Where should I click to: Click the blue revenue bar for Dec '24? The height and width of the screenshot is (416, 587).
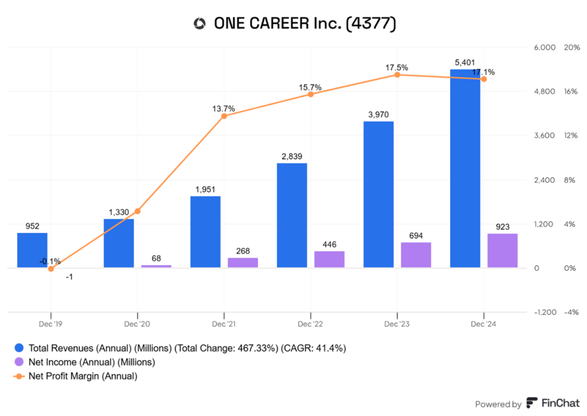tap(465, 168)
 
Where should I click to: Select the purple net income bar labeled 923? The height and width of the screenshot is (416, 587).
tap(502, 250)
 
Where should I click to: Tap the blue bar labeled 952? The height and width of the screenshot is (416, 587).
tap(32, 250)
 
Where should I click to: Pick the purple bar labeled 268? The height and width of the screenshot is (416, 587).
tap(242, 262)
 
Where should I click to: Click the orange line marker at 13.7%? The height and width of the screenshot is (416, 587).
tap(224, 116)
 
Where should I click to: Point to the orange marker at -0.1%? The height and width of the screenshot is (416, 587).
tap(51, 268)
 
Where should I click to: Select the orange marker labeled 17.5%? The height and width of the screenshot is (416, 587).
tap(397, 75)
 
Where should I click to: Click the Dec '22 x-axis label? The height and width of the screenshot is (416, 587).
tap(310, 324)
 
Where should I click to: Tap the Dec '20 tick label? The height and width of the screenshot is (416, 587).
tap(138, 324)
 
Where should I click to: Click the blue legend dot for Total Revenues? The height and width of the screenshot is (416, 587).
tap(19, 348)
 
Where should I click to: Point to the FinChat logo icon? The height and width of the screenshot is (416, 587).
tap(531, 403)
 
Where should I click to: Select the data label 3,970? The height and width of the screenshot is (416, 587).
tap(378, 115)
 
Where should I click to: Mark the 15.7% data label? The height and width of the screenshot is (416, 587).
tap(310, 87)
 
